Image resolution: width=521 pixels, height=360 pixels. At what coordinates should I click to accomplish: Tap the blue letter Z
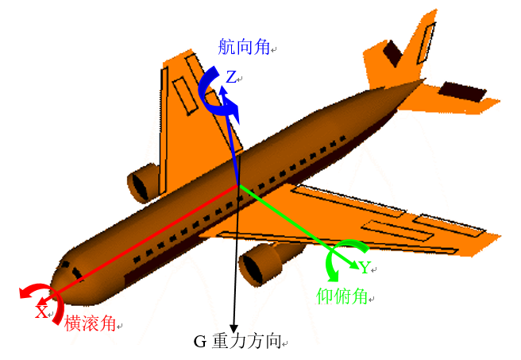(231, 77)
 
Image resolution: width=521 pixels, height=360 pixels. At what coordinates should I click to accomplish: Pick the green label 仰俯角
(342, 296)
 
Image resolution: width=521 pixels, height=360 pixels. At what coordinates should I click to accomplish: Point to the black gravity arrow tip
(234, 328)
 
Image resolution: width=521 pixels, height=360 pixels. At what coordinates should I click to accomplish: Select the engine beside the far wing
(144, 184)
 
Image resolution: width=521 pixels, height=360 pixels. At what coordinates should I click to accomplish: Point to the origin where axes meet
(239, 186)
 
